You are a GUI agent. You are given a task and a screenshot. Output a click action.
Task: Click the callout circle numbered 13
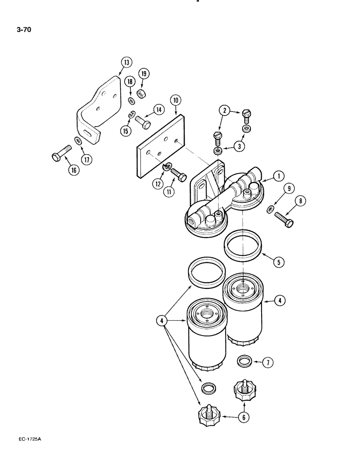(126, 62)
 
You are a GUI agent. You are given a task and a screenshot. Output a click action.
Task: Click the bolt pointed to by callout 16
(61, 151)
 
